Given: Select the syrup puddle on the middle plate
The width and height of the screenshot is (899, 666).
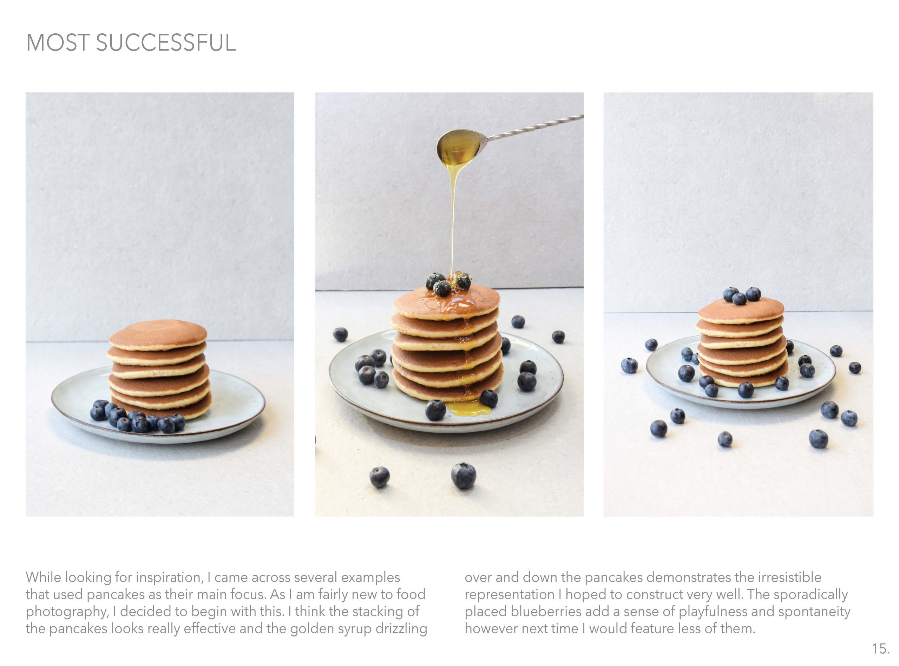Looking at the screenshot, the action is [470, 408].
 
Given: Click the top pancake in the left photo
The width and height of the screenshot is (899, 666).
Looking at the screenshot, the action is [158, 333].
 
